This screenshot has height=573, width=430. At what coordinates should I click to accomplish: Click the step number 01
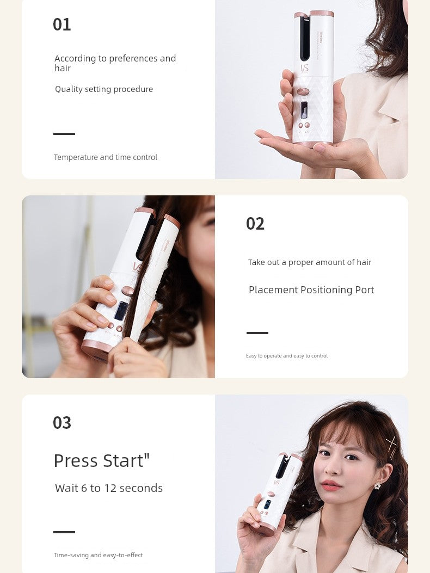pyautogui.click(x=62, y=24)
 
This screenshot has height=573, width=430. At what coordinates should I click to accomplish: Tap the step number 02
pyautogui.click(x=255, y=224)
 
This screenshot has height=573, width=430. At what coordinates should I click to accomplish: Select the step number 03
pyautogui.click(x=62, y=423)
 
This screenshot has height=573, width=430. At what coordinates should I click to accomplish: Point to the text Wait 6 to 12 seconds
pyautogui.click(x=109, y=488)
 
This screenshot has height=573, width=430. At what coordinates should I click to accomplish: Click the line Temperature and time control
pyautogui.click(x=105, y=157)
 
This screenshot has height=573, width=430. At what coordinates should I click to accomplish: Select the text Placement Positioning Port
pyautogui.click(x=311, y=290)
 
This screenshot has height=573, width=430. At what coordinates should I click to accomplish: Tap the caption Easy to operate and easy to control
pyautogui.click(x=287, y=355)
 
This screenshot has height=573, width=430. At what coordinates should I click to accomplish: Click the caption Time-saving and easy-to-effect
pyautogui.click(x=99, y=555)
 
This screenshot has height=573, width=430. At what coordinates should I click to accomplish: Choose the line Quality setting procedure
pyautogui.click(x=104, y=89)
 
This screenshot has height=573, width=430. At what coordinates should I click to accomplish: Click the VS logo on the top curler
pyautogui.click(x=305, y=68)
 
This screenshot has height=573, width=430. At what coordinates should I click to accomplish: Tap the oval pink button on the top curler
pyautogui.click(x=303, y=91)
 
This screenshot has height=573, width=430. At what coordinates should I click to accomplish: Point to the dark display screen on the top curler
pyautogui.click(x=304, y=110)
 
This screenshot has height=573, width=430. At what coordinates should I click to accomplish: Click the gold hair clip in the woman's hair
pyautogui.click(x=391, y=447)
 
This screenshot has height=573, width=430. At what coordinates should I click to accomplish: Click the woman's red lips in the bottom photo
pyautogui.click(x=331, y=485)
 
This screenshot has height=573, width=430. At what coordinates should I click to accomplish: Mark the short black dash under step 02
pyautogui.click(x=257, y=333)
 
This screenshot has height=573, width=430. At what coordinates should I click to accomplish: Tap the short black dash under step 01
pyautogui.click(x=64, y=134)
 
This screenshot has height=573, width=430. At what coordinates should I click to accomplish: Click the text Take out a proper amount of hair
pyautogui.click(x=309, y=262)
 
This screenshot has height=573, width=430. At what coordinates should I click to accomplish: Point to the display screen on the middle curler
pyautogui.click(x=121, y=310)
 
